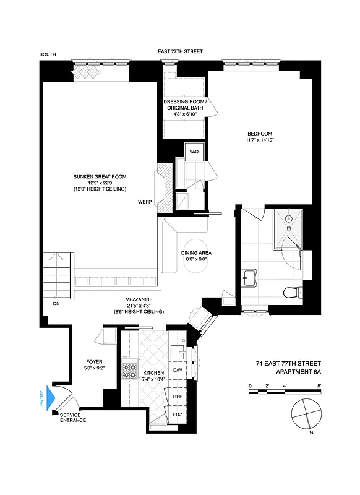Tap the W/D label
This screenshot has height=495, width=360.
(194, 151)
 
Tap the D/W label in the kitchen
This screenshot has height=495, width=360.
(178, 370)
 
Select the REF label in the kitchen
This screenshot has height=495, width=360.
(178, 396)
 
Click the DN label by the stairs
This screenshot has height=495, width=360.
(57, 303)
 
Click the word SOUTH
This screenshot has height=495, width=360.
(48, 55)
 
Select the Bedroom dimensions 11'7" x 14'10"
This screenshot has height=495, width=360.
(260, 140)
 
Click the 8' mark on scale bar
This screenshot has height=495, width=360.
(319, 385)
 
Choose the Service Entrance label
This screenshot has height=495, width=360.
(73, 418)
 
